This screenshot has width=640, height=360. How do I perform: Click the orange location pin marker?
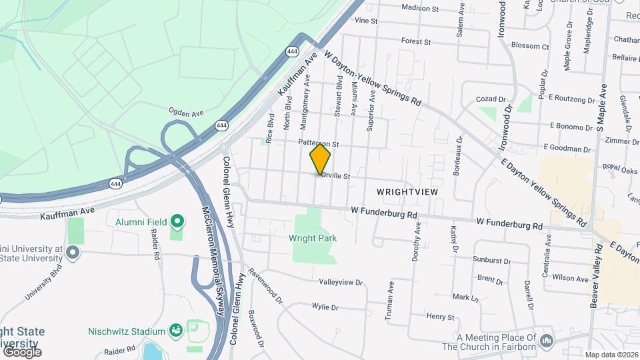tap(320, 158)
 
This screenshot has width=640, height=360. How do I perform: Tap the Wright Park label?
tap(313, 238)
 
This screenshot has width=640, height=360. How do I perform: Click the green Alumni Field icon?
tap(177, 221)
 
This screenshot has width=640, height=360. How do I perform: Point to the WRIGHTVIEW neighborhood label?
tap(407, 191)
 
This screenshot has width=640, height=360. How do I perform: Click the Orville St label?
tap(335, 177)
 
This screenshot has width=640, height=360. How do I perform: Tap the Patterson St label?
tap(319, 143)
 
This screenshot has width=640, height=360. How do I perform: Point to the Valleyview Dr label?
tap(341, 283)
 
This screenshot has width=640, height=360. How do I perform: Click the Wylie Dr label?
tap(325, 307)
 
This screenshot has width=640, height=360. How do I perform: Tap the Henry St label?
tap(440, 317)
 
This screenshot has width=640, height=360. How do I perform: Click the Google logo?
tap(21, 351)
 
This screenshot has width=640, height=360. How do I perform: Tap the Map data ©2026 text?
tap(611, 355)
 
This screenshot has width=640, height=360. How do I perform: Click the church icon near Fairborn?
tap(547, 341)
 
